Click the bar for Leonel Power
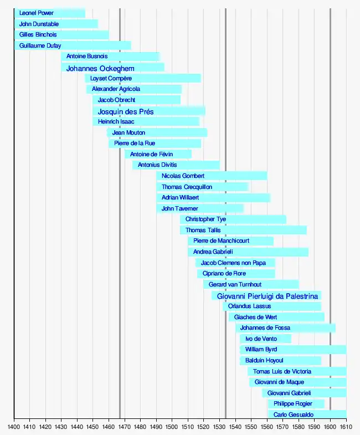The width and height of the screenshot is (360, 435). point(50,13)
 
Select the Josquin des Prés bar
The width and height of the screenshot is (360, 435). point(148,111)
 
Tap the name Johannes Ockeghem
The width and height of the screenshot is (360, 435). point(100,69)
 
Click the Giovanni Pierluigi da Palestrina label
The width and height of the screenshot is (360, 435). point(268,296)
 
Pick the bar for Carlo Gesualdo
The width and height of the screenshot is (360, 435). point(307,414)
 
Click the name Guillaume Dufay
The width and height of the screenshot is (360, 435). point(40,46)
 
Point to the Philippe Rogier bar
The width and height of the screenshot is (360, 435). point(296,404)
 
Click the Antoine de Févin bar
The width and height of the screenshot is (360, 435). point(158,155)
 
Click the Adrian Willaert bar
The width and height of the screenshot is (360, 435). point(213,198)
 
